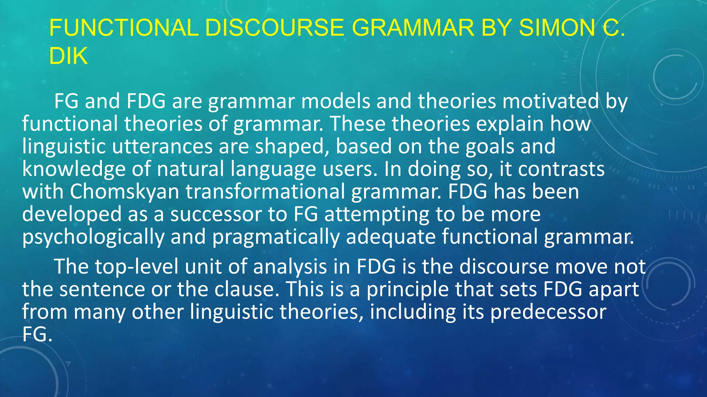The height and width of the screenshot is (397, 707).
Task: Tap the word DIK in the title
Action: coord(68,56)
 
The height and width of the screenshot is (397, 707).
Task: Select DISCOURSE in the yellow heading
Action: coord(274,28)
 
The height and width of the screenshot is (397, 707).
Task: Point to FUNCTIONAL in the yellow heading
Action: coord(124,28)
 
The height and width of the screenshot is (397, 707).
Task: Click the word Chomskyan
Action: coord(125,192)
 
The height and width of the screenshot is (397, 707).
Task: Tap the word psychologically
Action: coord(93,237)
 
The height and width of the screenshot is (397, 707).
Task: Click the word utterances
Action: coord(162,146)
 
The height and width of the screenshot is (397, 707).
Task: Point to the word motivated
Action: coord(550,101)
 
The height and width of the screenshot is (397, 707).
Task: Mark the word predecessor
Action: coord(548,312)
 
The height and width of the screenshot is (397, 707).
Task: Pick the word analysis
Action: coord(290,267)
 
